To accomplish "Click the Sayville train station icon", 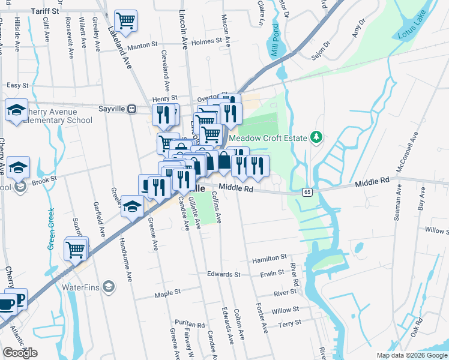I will [x=131, y=109].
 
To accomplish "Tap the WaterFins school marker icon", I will [x=109, y=287].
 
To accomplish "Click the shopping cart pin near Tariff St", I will [x=126, y=20].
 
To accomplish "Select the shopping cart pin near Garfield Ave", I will [x=76, y=248].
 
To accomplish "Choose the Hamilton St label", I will [x=270, y=258].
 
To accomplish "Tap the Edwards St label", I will [x=223, y=274].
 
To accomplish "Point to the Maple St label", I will [x=167, y=293].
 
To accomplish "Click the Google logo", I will [x=20, y=353].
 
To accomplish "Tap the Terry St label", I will [x=290, y=323].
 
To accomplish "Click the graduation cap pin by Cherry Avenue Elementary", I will [x=16, y=110].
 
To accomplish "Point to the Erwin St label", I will [x=272, y=273].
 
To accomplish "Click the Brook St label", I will [x=44, y=179].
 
